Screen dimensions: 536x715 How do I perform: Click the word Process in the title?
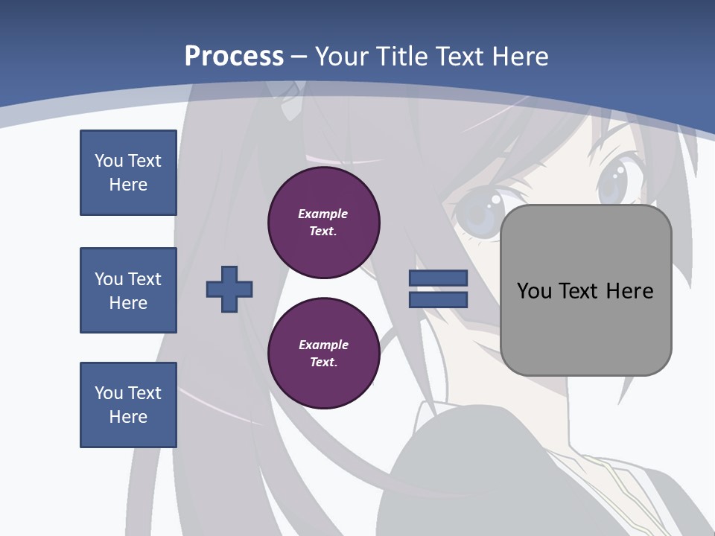[x=234, y=57]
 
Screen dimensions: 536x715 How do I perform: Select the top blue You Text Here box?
[x=128, y=173]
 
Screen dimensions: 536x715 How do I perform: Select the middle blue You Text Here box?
[x=128, y=290]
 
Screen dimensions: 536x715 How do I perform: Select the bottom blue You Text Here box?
[x=128, y=405]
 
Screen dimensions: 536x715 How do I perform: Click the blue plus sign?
[x=229, y=289]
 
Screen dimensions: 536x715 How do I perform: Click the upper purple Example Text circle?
[x=324, y=223]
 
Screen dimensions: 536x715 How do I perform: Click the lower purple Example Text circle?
[x=324, y=353]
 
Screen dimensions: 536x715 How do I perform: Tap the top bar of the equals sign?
[x=439, y=278]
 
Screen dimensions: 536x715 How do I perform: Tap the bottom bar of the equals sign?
[x=439, y=300]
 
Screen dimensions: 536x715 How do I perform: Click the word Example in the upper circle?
[x=323, y=214]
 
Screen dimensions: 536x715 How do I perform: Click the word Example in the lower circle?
[x=323, y=345]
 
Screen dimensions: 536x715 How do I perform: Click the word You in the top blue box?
[x=108, y=161]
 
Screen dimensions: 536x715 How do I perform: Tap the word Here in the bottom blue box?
[x=128, y=417]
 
